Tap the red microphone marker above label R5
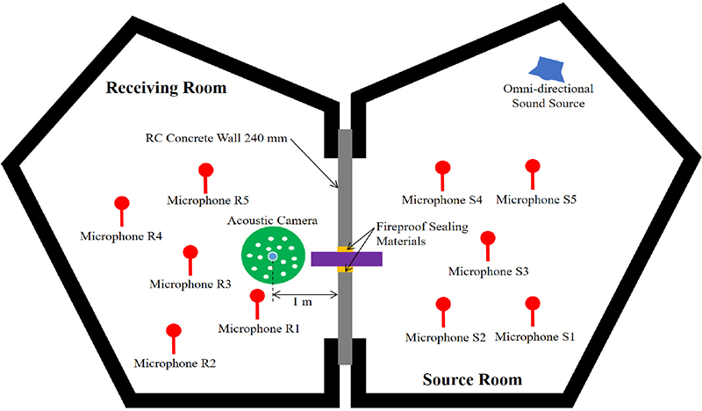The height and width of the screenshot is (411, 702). coord(206,171)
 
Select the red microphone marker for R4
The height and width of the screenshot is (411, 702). coord(122,205)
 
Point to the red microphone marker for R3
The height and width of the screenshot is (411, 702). coord(190,255)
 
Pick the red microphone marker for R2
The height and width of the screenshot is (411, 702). coord(173,333)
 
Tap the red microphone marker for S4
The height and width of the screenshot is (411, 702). coord(443,169)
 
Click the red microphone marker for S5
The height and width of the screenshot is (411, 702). coord(531,168)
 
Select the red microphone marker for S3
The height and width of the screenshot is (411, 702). coord(488,240)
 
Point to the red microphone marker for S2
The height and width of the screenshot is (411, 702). coord(443,306)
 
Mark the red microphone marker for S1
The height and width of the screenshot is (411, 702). coord(531,306)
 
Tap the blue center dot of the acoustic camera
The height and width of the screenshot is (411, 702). coord(273,256)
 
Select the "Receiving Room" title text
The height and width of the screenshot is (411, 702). coord(166,89)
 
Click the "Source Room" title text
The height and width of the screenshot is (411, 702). coord(471,380)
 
